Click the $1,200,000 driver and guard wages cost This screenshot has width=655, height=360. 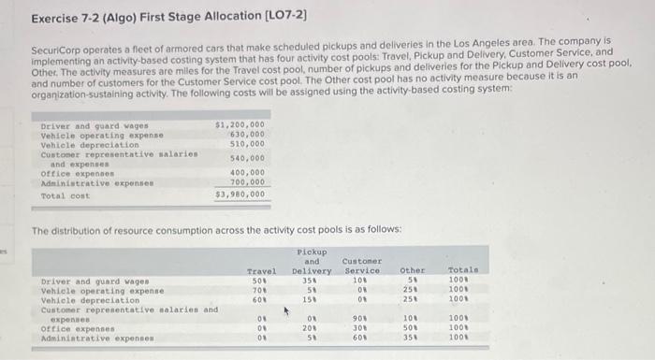click(240, 123)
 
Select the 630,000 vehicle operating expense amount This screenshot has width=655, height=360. click(246, 134)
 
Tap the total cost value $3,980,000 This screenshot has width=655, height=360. click(240, 194)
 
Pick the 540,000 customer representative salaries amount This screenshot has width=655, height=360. click(246, 157)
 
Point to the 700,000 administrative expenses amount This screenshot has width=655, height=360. click(246, 181)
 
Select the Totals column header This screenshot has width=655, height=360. click(462, 271)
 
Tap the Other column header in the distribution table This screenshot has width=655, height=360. click(413, 271)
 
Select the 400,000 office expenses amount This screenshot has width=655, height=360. click(246, 172)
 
